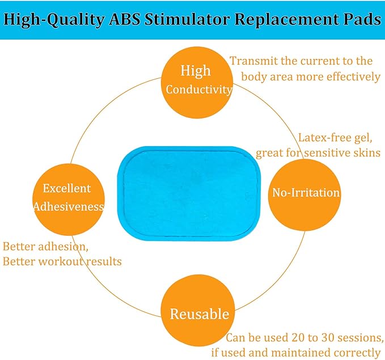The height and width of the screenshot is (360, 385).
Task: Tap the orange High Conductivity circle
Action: click(x=196, y=80)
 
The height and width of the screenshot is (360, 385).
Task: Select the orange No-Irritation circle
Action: click(x=306, y=193)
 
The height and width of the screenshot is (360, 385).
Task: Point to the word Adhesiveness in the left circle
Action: click(x=69, y=206)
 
